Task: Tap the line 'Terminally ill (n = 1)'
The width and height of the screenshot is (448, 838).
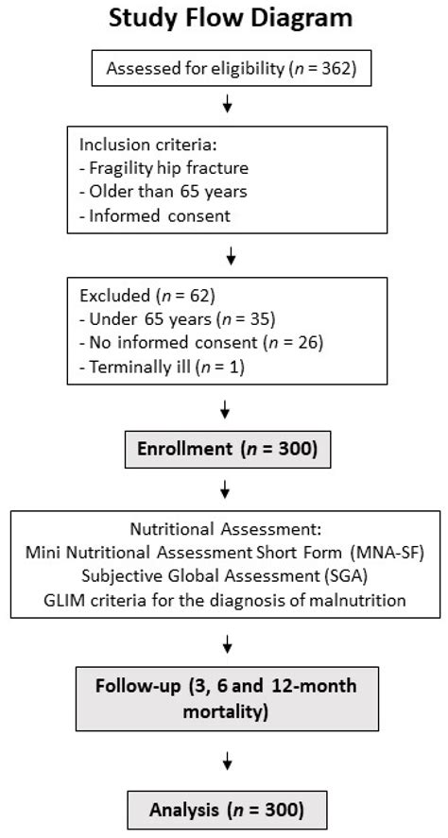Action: click(x=147, y=367)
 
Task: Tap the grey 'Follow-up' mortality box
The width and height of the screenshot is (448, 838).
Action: click(x=226, y=697)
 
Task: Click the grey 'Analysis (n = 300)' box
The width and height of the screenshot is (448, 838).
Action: click(x=227, y=809)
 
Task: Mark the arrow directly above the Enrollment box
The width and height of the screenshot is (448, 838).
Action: click(x=226, y=409)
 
